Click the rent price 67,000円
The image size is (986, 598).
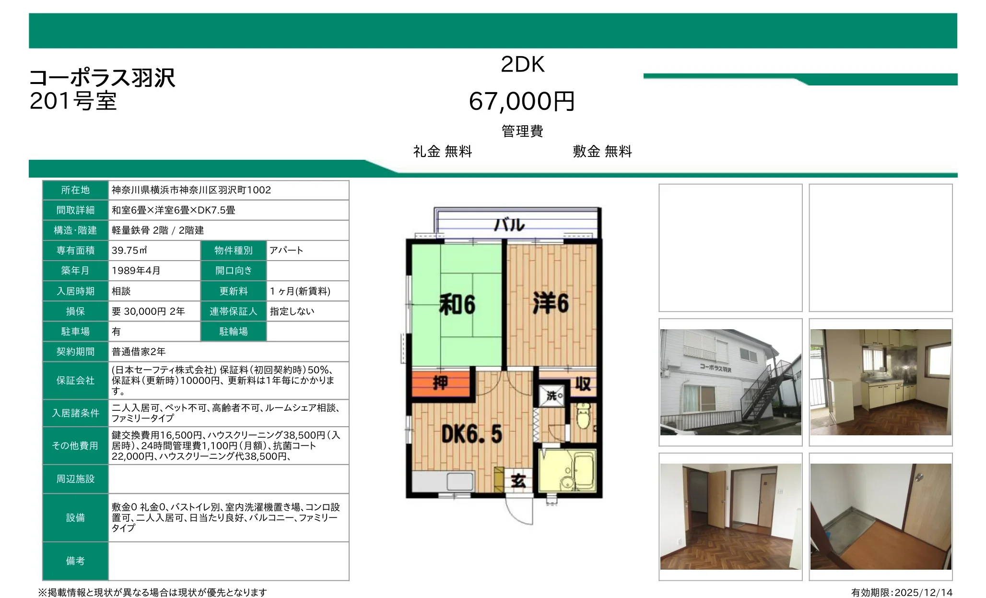(x=522, y=101)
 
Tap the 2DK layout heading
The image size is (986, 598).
(x=522, y=64)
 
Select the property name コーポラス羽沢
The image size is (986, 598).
(x=102, y=78)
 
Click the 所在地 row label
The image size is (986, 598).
(x=75, y=190)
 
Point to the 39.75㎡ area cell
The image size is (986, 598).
(x=153, y=251)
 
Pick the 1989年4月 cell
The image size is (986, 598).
(x=153, y=271)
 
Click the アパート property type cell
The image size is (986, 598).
(x=307, y=251)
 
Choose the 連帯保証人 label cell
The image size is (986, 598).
(x=233, y=311)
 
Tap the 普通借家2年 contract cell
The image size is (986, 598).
(x=228, y=352)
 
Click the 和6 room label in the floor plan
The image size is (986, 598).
(x=457, y=305)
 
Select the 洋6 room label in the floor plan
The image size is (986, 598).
(x=551, y=303)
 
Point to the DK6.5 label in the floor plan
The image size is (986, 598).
(x=471, y=434)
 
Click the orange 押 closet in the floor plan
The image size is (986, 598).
(x=440, y=383)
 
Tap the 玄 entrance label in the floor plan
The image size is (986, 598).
(x=518, y=480)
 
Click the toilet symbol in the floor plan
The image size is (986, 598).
(x=583, y=416)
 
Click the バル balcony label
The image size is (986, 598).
(x=509, y=225)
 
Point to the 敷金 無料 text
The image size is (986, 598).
(x=602, y=152)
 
